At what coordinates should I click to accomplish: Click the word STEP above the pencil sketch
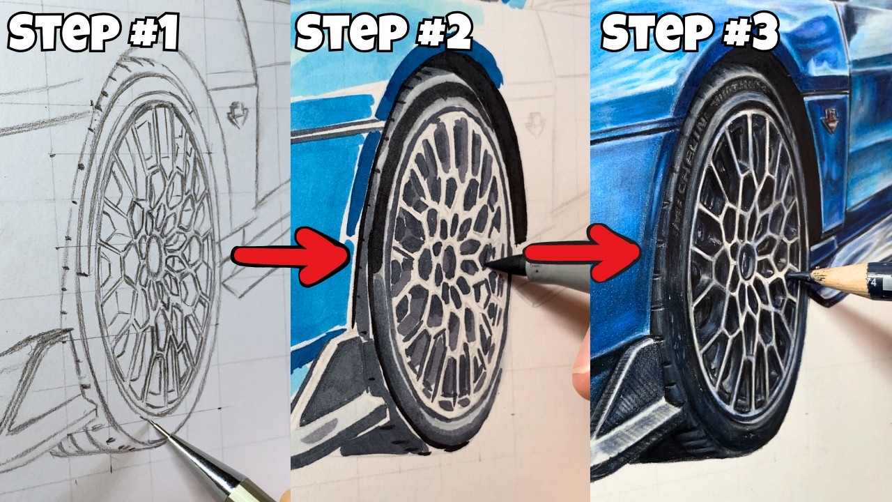(63, 32)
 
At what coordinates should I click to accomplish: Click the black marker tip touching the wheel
(489, 264)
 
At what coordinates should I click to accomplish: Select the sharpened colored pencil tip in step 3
(793, 275)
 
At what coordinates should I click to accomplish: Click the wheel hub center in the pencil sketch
(153, 255)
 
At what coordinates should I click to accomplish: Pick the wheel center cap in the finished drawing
(746, 259)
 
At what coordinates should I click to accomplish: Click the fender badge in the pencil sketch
(238, 115)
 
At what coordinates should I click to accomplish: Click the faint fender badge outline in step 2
(534, 125)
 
